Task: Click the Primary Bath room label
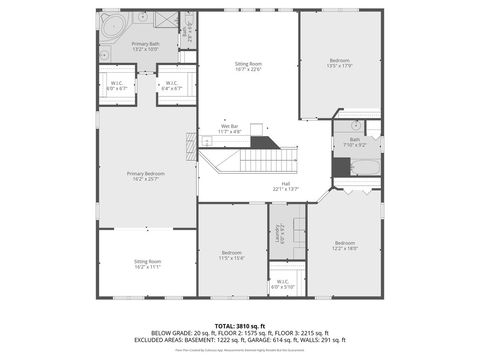tap(146, 46)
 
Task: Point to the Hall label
tap(286, 183)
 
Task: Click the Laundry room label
tap(282, 234)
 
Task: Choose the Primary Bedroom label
tap(146, 175)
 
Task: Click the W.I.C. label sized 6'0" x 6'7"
tap(116, 85)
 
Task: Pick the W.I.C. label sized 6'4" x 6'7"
tap(172, 85)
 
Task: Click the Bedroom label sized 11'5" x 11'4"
tap(232, 254)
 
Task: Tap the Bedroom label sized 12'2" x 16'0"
tap(345, 246)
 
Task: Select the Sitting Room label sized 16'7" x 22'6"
tap(247, 65)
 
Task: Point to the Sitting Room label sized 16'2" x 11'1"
tap(146, 264)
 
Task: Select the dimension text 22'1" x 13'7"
tap(286, 188)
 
